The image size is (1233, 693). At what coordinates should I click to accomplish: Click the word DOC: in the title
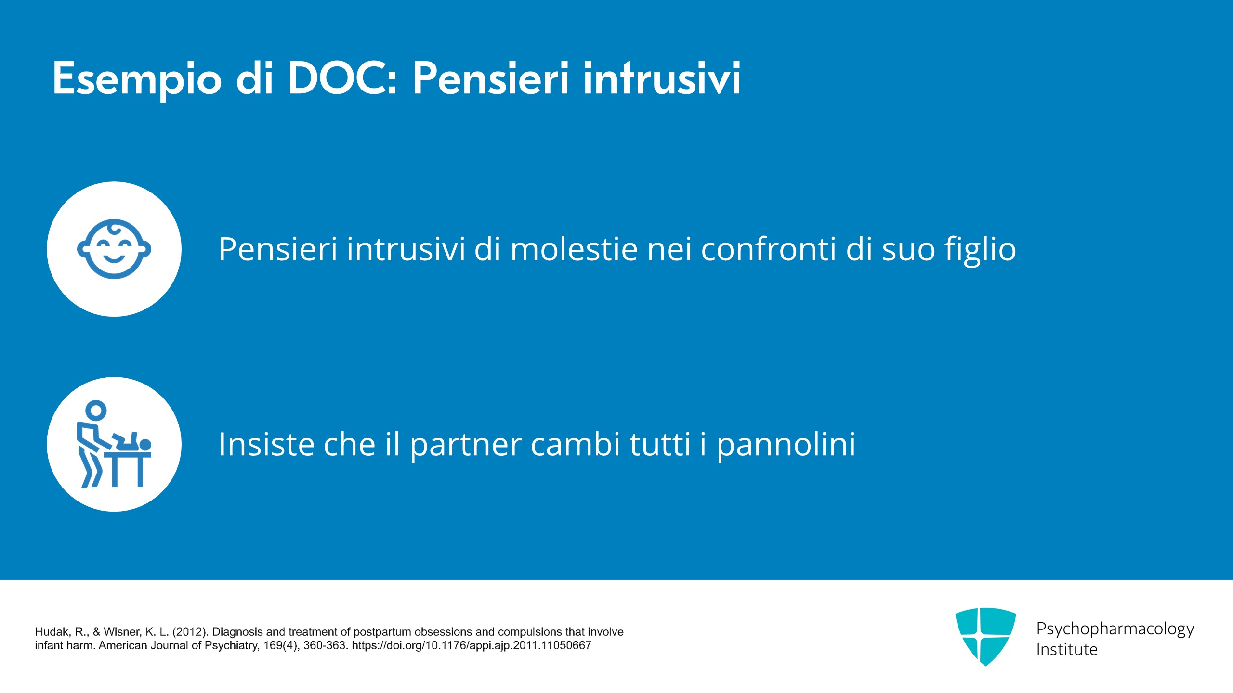point(342,78)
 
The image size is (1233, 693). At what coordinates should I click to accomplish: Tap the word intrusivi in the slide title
point(662,78)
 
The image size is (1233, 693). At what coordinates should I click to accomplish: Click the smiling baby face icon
point(114,249)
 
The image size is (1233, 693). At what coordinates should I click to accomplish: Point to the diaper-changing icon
point(114,444)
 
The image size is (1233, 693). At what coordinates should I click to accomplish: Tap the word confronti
point(768,249)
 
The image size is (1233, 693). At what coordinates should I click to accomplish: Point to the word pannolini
point(786,445)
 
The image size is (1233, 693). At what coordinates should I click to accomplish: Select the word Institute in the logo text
point(1067,650)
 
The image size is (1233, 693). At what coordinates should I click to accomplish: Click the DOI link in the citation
point(472,646)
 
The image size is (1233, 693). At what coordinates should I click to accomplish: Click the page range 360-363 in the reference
point(326,645)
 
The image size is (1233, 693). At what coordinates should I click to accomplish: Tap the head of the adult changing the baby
point(96,410)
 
